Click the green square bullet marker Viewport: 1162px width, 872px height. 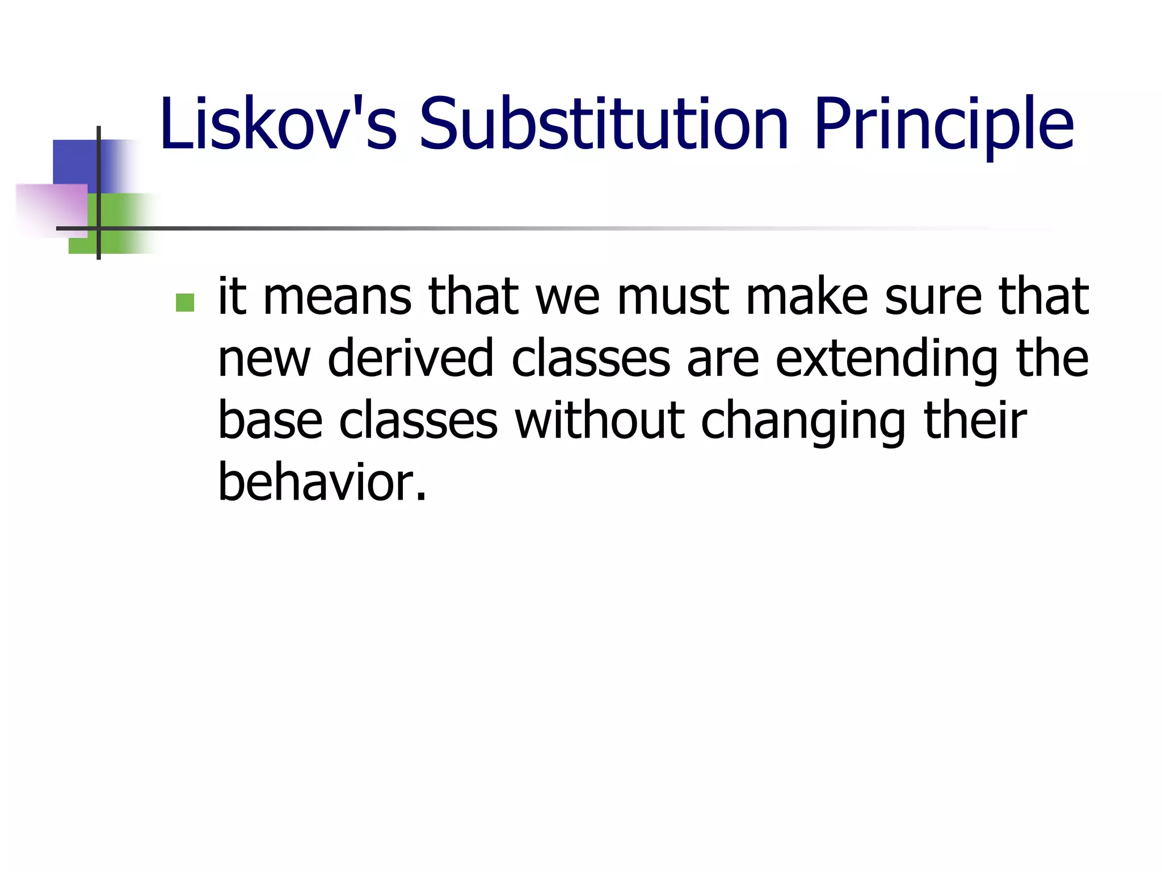click(185, 303)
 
